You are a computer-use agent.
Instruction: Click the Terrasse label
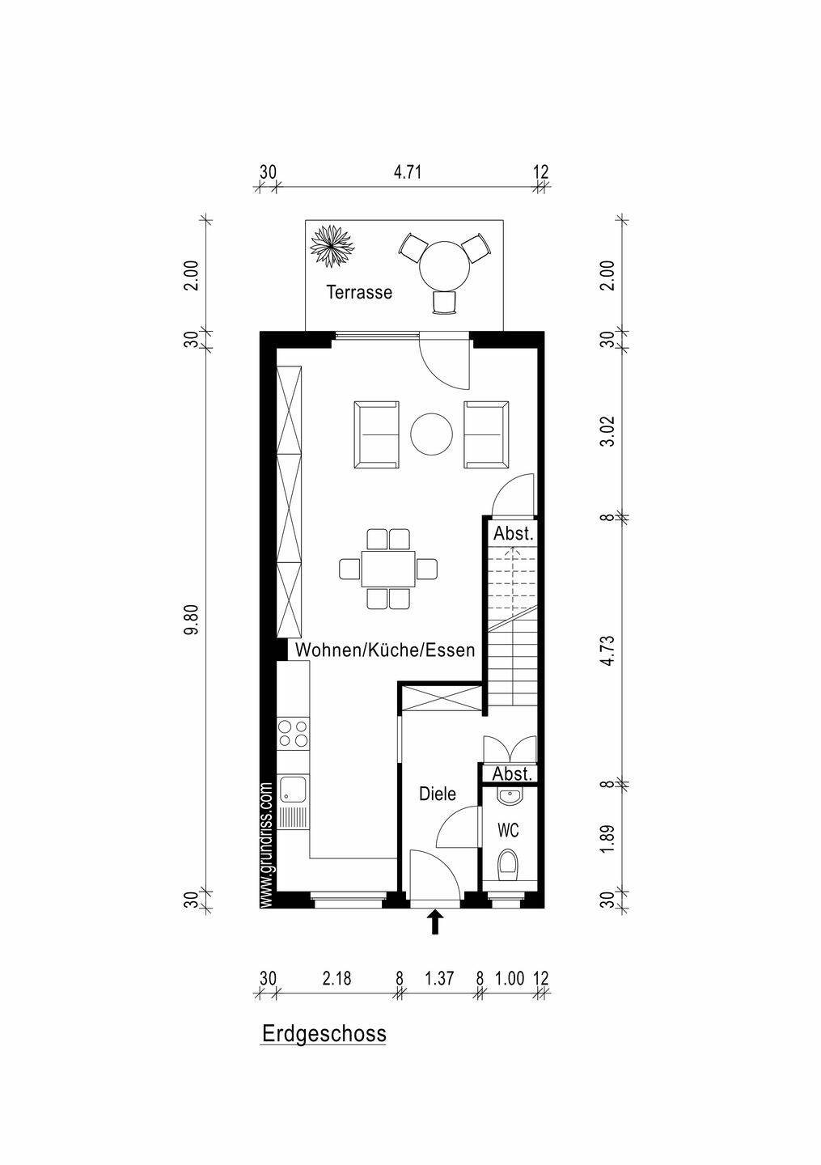pos(359,292)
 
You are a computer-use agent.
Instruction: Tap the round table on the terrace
pos(444,265)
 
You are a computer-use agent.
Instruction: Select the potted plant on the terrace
pos(331,246)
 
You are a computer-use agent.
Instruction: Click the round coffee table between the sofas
pos(432,434)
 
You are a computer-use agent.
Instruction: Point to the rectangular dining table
pos(388,569)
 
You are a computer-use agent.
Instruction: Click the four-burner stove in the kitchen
pos(294,733)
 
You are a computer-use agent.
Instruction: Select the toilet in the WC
pos(507,864)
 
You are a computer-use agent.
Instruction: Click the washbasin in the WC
pos(509,796)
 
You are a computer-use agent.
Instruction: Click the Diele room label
pos(438,794)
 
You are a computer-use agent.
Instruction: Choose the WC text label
pos(508,831)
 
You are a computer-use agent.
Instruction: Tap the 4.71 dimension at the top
pos(407,172)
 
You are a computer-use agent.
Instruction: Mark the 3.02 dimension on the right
pos(607,431)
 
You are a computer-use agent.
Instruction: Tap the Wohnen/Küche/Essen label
pos(385,650)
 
